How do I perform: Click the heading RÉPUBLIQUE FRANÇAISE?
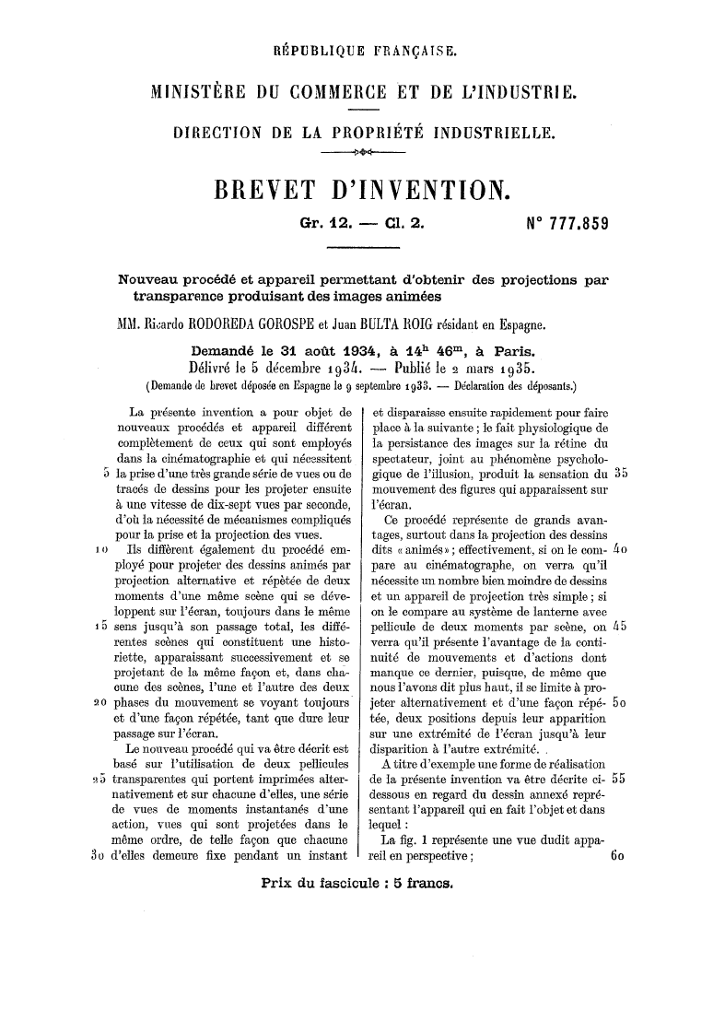[363, 48]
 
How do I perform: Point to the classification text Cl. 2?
[401, 224]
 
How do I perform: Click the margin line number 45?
[619, 576]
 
